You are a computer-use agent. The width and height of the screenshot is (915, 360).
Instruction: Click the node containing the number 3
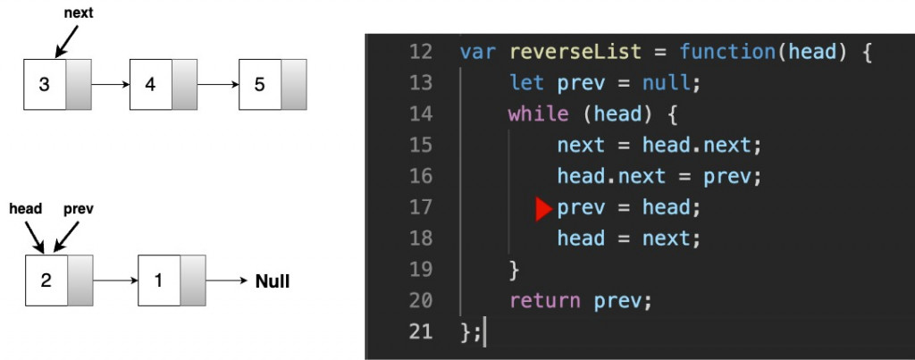click(x=45, y=85)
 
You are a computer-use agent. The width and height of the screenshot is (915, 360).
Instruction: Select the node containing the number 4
click(x=150, y=85)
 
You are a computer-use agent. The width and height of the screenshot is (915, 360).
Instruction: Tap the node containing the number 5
click(x=260, y=85)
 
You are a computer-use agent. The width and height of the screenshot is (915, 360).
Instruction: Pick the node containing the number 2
click(x=46, y=280)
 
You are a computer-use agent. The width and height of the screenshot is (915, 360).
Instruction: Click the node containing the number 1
click(x=159, y=280)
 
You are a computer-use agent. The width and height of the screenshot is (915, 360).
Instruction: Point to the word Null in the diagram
click(x=273, y=281)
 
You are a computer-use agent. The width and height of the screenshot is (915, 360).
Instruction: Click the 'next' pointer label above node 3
click(x=80, y=14)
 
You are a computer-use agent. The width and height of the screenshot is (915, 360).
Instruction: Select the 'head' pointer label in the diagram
click(x=26, y=209)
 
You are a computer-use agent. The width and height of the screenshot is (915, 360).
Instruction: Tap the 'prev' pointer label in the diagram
click(x=79, y=209)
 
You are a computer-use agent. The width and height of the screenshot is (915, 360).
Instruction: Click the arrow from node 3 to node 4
click(x=111, y=85)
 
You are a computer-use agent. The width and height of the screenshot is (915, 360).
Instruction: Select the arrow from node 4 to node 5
click(x=218, y=85)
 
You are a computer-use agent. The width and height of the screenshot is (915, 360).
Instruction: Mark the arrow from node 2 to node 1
click(x=115, y=280)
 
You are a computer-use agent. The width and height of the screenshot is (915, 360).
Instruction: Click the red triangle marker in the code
click(x=544, y=209)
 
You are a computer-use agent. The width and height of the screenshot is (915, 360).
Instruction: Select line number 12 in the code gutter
click(x=420, y=51)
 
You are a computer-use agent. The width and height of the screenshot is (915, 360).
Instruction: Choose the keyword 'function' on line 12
click(x=726, y=51)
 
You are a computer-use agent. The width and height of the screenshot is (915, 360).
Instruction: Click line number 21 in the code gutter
click(x=420, y=332)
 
